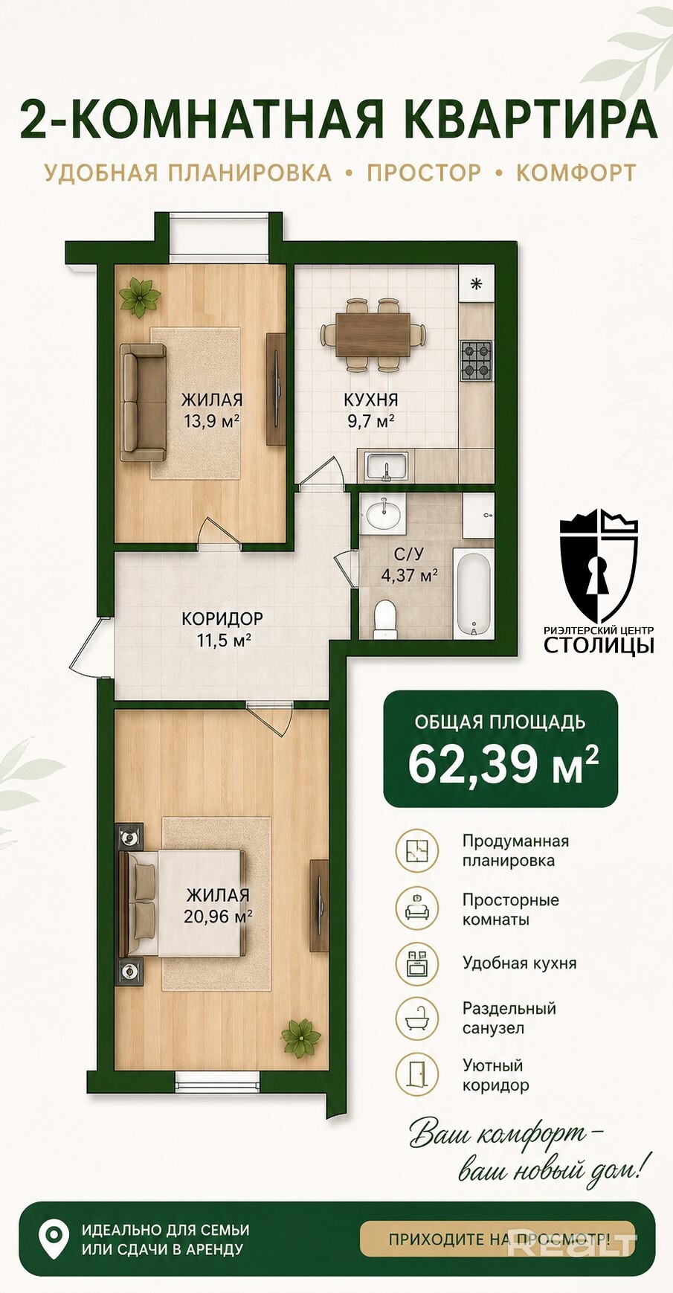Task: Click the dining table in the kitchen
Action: pyautogui.click(x=373, y=335)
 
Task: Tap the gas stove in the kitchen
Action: pyautogui.click(x=476, y=361)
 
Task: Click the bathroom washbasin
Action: pyautogui.click(x=384, y=513)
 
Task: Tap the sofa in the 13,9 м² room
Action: pyautogui.click(x=144, y=402)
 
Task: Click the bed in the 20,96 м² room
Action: pyautogui.click(x=182, y=902)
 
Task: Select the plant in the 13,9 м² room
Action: pyautogui.click(x=139, y=297)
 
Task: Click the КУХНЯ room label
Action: pyautogui.click(x=370, y=400)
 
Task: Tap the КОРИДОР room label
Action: pyautogui.click(x=222, y=618)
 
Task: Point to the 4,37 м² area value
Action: pyautogui.click(x=409, y=575)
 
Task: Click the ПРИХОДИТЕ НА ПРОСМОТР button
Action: pyautogui.click(x=497, y=1239)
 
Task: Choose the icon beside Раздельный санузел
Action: pyautogui.click(x=417, y=1018)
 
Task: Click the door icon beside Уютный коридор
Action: pyautogui.click(x=417, y=1074)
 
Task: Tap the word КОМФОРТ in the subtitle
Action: pyautogui.click(x=576, y=173)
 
